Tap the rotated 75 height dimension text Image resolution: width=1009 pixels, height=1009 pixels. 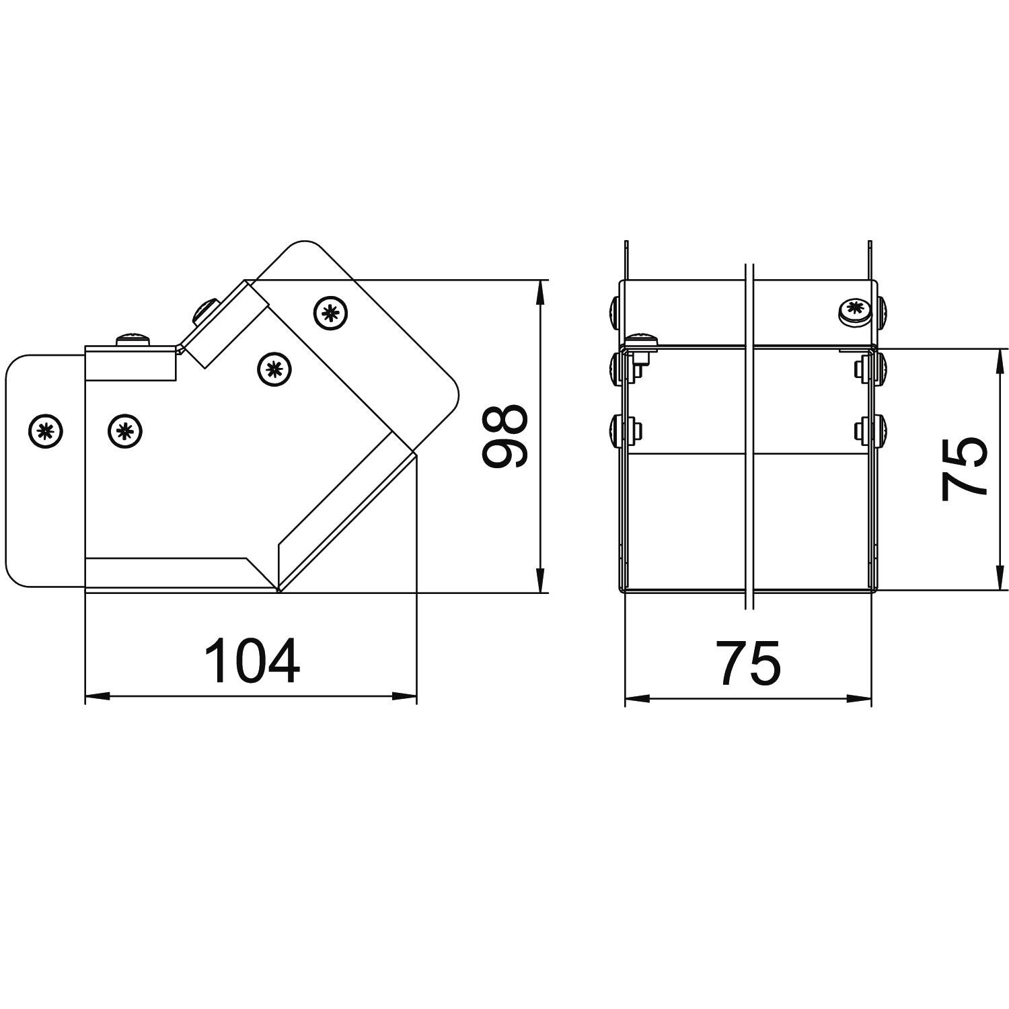click(x=963, y=469)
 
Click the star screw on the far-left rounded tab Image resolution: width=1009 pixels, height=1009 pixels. click(x=46, y=430)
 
